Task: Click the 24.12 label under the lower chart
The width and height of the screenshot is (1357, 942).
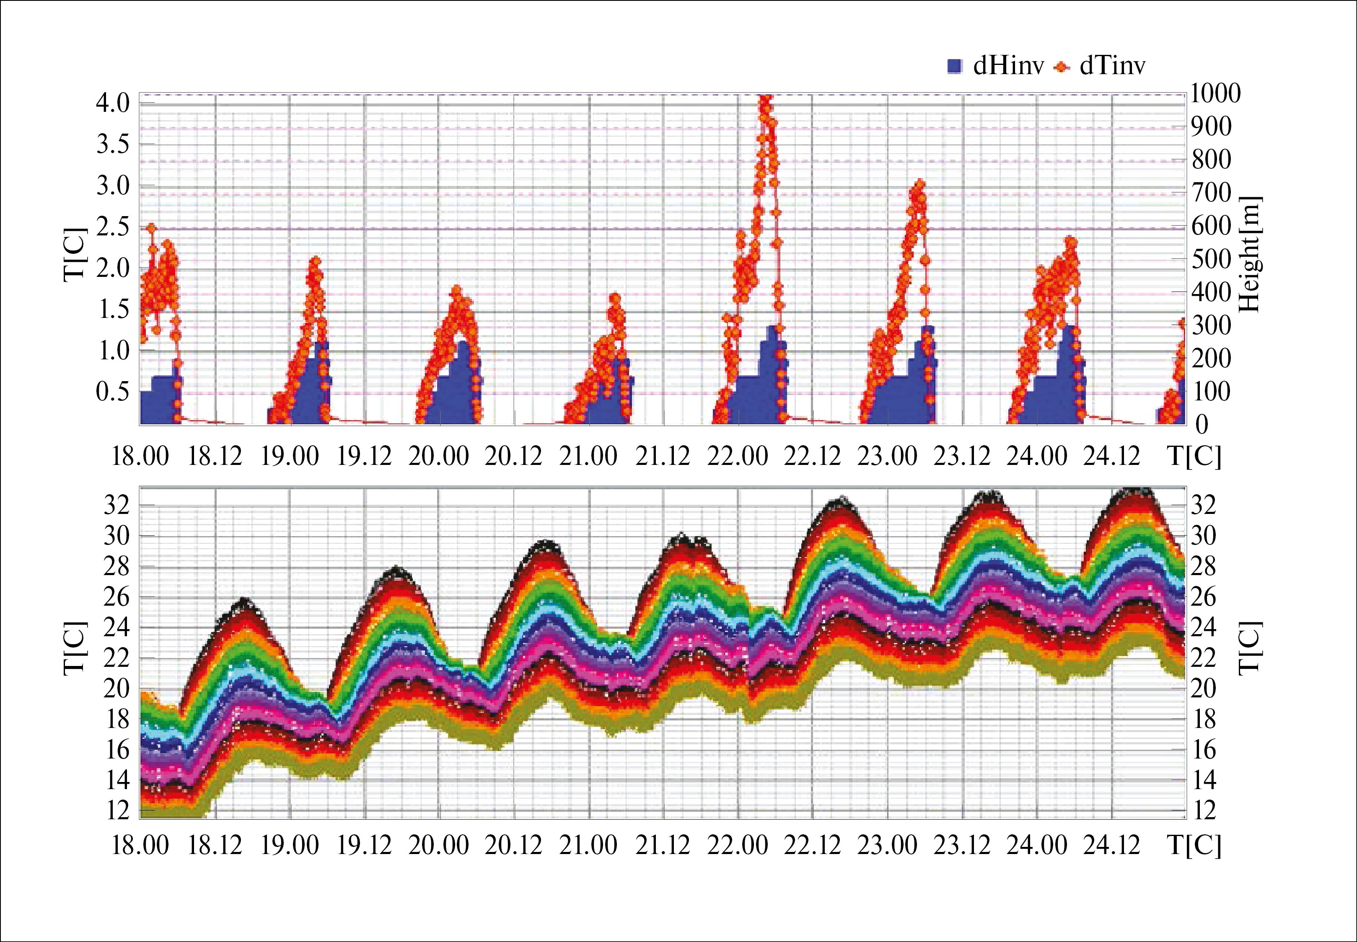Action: point(1112,846)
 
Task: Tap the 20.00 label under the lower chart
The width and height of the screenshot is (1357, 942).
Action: point(439,846)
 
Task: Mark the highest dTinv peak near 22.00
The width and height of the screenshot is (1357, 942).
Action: point(765,99)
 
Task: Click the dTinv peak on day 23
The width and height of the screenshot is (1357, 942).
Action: point(919,184)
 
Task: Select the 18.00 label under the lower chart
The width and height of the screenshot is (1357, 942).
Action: point(140,846)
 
